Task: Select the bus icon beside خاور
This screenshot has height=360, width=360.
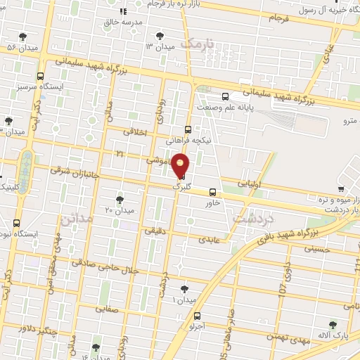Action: tap(212, 193)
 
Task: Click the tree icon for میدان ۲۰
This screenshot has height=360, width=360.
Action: tap(120, 200)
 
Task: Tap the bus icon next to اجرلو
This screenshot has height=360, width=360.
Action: tap(198, 315)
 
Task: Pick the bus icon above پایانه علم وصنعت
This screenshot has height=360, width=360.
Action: tap(224, 97)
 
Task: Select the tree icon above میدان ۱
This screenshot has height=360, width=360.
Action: tap(184, 289)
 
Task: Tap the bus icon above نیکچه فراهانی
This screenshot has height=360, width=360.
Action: tap(187, 129)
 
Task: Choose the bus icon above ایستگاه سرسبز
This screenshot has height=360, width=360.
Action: tap(40, 76)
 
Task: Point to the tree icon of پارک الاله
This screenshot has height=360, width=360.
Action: tap(333, 324)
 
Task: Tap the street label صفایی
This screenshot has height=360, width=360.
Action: tap(107, 308)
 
